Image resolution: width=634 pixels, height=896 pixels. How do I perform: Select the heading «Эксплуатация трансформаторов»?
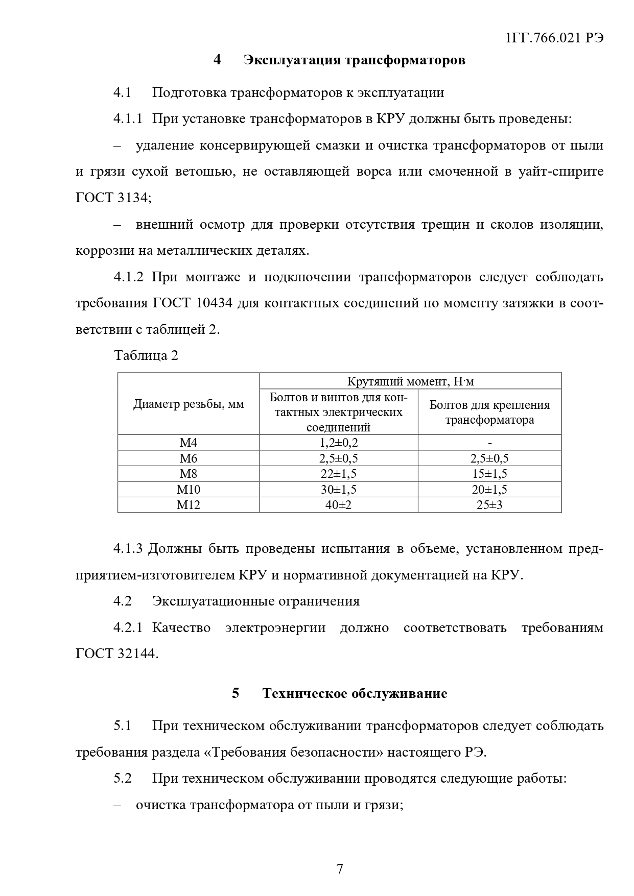coord(355,60)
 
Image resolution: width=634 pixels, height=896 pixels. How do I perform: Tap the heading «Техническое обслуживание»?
coord(355,693)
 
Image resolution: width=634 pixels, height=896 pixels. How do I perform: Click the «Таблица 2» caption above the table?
coord(146,355)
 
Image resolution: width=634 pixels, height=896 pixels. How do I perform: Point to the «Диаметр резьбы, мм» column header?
coord(189,404)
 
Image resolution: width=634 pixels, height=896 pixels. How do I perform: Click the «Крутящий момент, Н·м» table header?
coord(410,381)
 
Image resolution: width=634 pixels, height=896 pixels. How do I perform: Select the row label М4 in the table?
coord(189,443)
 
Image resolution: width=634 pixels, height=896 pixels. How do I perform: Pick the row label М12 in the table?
coord(189,505)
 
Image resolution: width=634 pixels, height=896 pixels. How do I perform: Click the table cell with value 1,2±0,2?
coord(338,443)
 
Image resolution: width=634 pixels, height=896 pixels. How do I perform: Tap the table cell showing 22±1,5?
coord(338,474)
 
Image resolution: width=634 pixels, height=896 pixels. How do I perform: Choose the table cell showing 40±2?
coord(338,505)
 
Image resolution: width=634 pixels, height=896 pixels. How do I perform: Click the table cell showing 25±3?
coord(489,505)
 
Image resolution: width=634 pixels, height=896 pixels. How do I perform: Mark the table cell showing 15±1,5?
coord(489,474)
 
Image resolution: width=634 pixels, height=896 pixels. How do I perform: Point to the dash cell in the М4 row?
coord(489,443)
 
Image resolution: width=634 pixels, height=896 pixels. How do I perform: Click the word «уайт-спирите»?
coord(561,172)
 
